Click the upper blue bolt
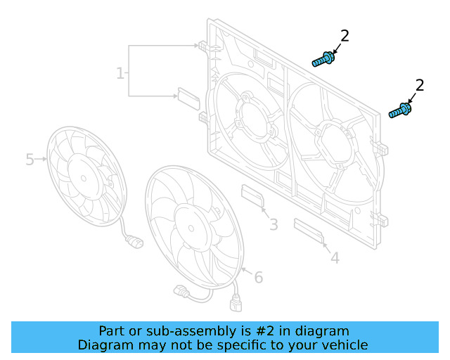[x=323, y=59]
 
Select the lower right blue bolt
[x=400, y=111]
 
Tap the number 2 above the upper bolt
[x=345, y=36]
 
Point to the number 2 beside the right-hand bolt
[x=420, y=86]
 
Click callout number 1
[x=120, y=73]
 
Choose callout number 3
[x=274, y=225]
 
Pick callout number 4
[x=335, y=258]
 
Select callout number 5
[x=30, y=160]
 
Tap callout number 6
[x=258, y=278]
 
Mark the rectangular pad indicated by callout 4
[x=308, y=230]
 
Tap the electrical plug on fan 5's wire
[x=133, y=243]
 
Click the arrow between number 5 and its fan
[x=41, y=160]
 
